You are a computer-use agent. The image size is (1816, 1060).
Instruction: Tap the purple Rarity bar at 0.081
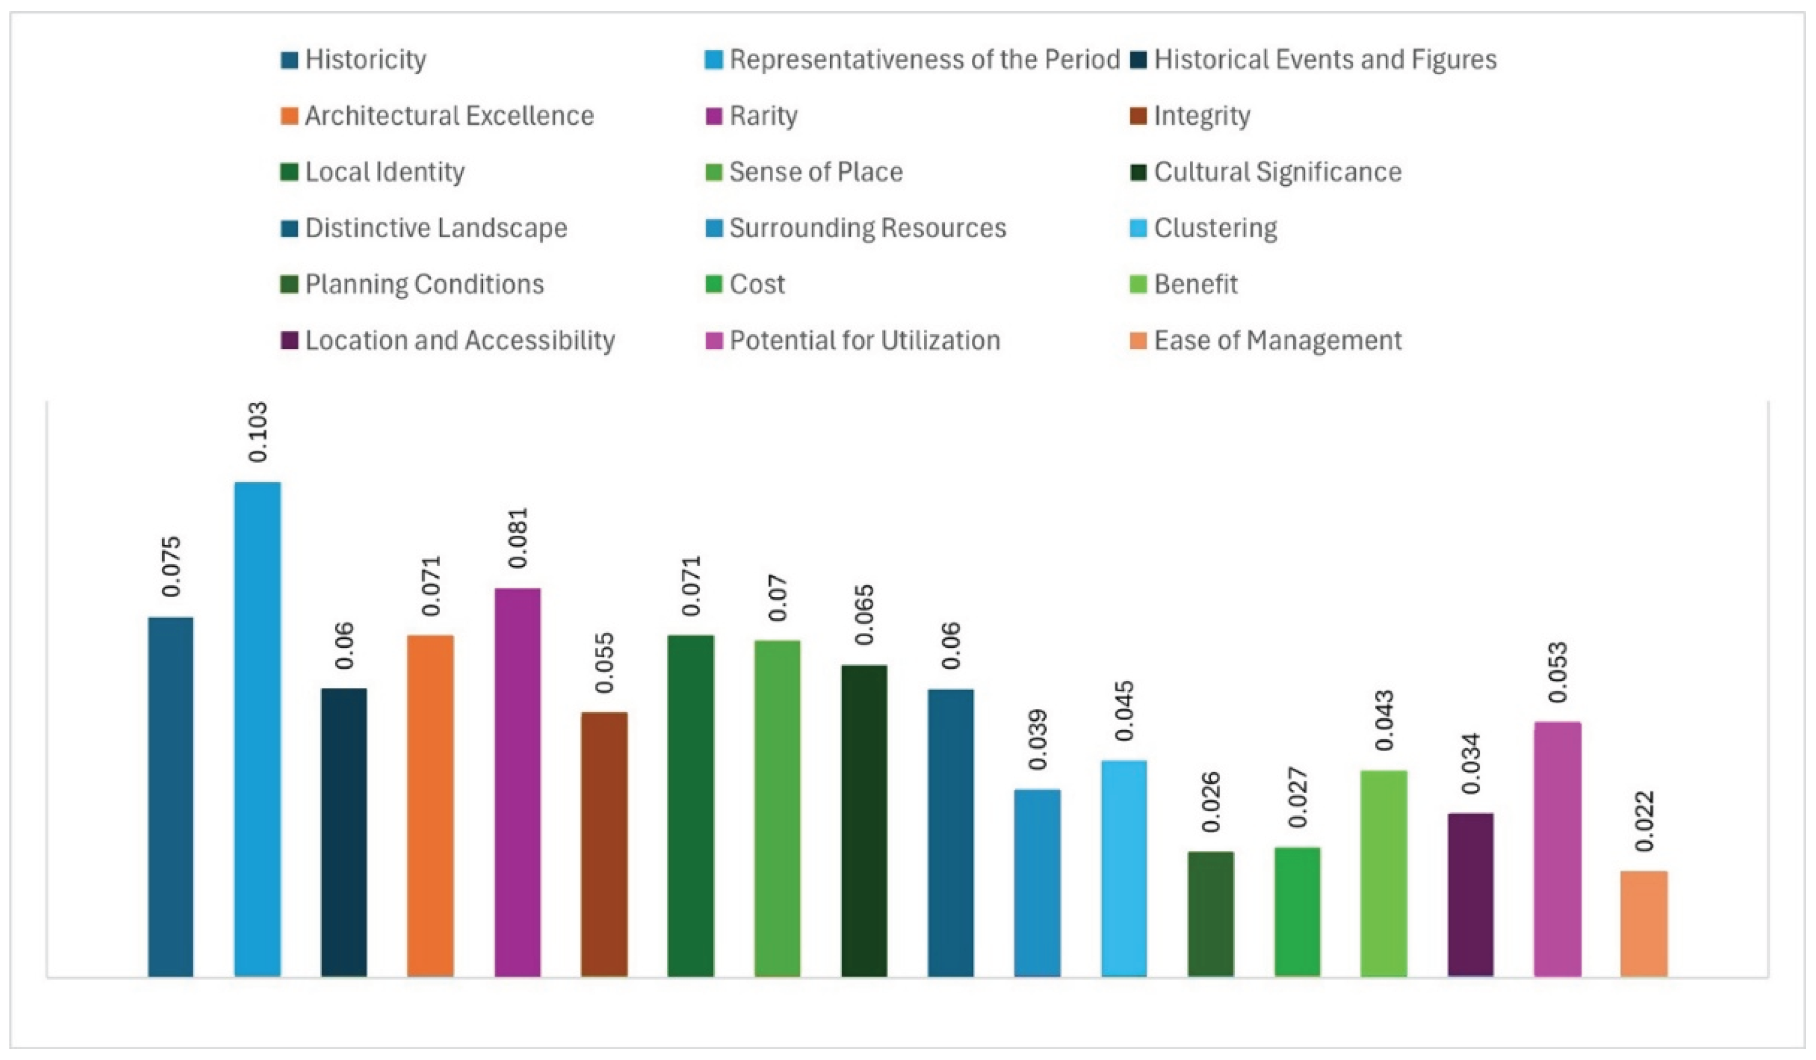517,783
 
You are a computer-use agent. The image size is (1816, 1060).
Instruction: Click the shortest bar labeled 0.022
1644,924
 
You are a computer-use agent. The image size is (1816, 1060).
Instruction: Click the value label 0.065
864,615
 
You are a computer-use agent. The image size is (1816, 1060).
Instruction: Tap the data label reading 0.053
1557,673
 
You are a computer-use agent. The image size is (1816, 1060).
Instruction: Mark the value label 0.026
1211,802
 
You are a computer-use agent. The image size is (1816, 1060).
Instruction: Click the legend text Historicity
365,59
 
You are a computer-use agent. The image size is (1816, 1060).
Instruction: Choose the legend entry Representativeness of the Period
925,59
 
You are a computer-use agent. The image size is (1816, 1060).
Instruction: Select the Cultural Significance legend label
1278,172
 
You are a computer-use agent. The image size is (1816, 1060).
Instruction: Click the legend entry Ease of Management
1278,340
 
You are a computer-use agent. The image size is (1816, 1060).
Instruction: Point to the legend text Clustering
1215,228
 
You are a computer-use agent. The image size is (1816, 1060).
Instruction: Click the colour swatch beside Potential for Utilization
713,341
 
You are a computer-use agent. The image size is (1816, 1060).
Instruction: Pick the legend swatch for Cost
713,285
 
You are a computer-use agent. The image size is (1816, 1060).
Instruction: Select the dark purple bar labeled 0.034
1470,895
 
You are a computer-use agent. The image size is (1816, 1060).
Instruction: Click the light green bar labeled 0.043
1383,873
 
